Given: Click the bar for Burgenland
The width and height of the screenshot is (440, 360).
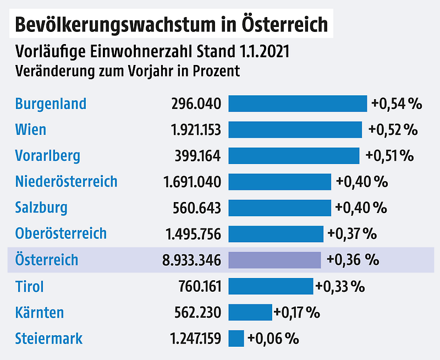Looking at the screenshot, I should point(298,103).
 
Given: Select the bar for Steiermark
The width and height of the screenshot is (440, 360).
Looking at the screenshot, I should point(236,338).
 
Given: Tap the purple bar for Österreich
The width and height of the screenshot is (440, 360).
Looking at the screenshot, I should point(274,260).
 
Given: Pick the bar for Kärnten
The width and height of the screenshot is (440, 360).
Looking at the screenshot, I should point(250,312).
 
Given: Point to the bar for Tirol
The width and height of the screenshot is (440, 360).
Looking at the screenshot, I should point(271,286).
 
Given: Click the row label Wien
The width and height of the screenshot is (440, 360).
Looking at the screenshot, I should point(31,130).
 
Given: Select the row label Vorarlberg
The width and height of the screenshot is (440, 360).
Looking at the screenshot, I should point(48,156).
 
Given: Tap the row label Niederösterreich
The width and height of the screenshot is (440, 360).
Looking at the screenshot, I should point(67,182).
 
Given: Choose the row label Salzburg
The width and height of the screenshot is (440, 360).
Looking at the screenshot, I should point(42,208).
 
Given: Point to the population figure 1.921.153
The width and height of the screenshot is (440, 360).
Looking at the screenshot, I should point(193,130).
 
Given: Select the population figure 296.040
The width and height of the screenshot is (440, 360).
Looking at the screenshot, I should point(196,104).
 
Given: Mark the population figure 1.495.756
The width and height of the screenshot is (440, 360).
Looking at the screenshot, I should point(193,234).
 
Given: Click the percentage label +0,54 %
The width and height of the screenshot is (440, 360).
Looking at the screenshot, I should point(396,104).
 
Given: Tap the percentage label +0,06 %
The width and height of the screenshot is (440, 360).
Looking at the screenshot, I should point(273,338).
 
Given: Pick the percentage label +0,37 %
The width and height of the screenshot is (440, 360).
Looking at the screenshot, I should point(352,234).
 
